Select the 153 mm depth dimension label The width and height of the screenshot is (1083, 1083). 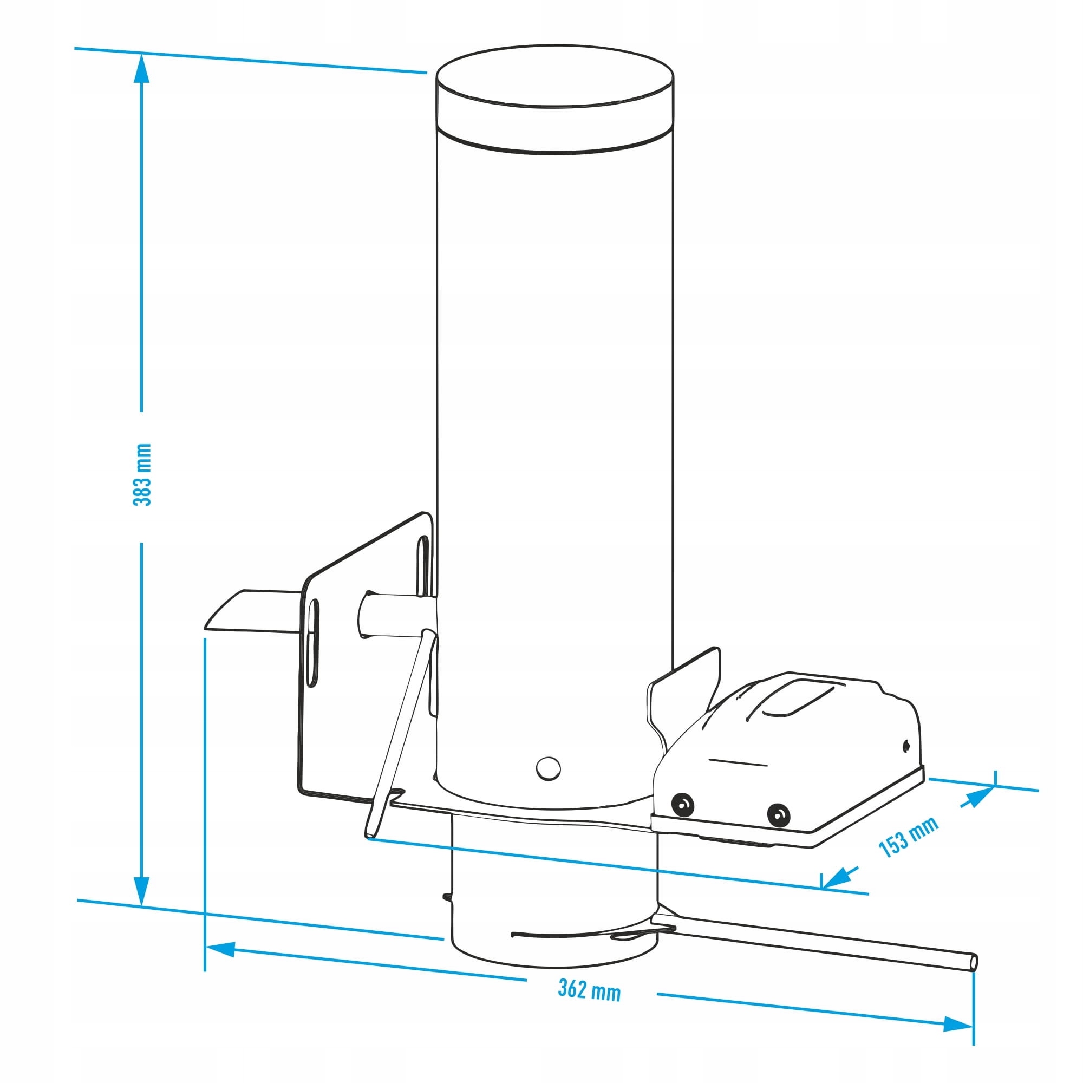(x=908, y=838)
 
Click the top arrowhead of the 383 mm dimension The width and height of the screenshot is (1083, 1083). (x=142, y=67)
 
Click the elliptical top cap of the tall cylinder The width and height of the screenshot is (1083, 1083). (x=555, y=76)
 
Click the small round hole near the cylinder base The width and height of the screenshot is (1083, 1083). (x=547, y=767)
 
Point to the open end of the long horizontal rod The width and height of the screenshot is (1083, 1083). (x=975, y=962)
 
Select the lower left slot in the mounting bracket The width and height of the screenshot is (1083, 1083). (x=312, y=642)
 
